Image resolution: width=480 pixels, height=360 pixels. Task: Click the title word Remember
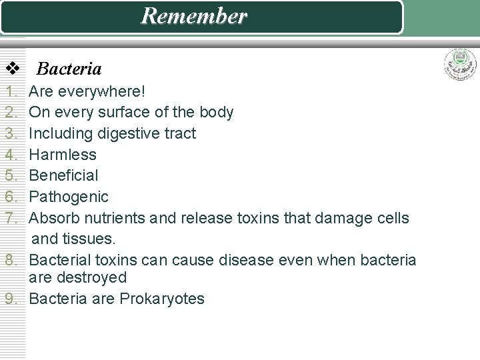[x=193, y=16]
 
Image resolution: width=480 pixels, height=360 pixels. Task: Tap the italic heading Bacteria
[x=69, y=69]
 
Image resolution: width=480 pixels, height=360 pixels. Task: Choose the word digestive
[x=129, y=133]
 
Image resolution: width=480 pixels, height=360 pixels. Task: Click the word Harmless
[x=63, y=155]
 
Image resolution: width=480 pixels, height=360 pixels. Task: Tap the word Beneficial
[x=64, y=175]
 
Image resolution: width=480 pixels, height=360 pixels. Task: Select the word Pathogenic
[x=69, y=197]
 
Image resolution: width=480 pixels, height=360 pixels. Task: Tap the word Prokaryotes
[x=162, y=298]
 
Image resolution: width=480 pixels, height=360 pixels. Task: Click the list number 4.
[x=11, y=155]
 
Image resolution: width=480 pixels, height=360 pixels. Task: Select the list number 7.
[x=11, y=218]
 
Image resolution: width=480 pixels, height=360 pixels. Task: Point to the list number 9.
[x=11, y=298]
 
